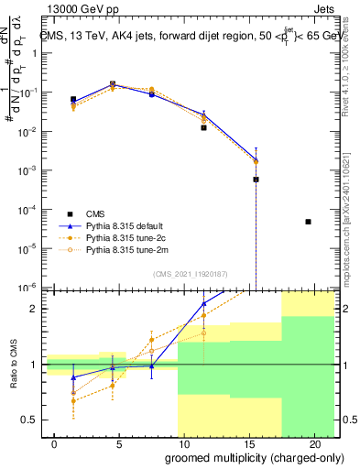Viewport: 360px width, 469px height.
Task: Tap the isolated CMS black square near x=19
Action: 308,222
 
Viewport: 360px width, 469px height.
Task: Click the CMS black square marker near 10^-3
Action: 256,180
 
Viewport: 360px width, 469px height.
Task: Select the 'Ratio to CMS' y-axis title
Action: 14,365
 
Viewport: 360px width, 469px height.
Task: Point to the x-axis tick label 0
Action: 56,443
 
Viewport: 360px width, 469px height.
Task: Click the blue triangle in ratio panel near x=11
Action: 203,303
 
